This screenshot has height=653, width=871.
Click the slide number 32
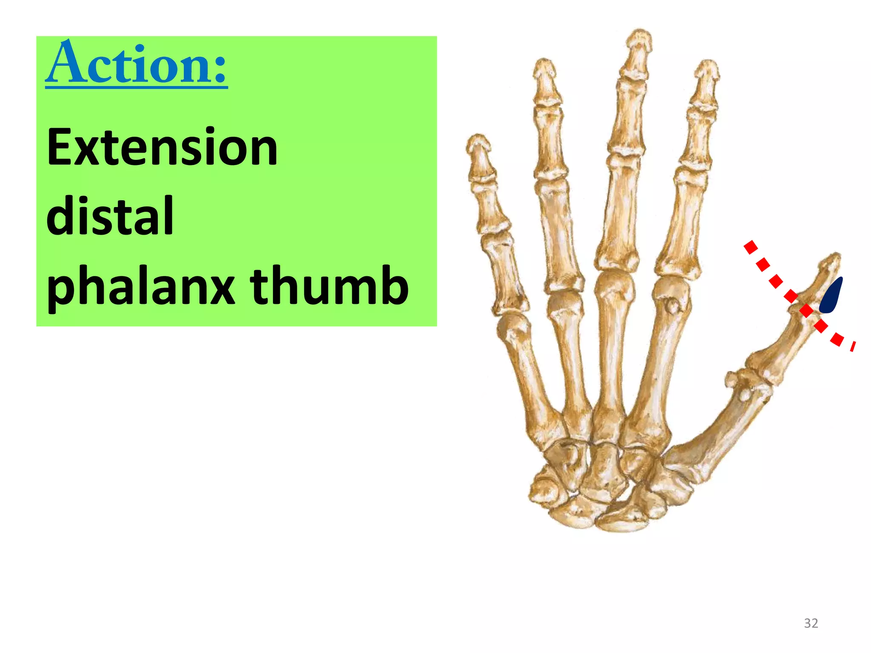[x=811, y=623]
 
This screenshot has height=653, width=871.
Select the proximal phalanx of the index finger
[x=683, y=225]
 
